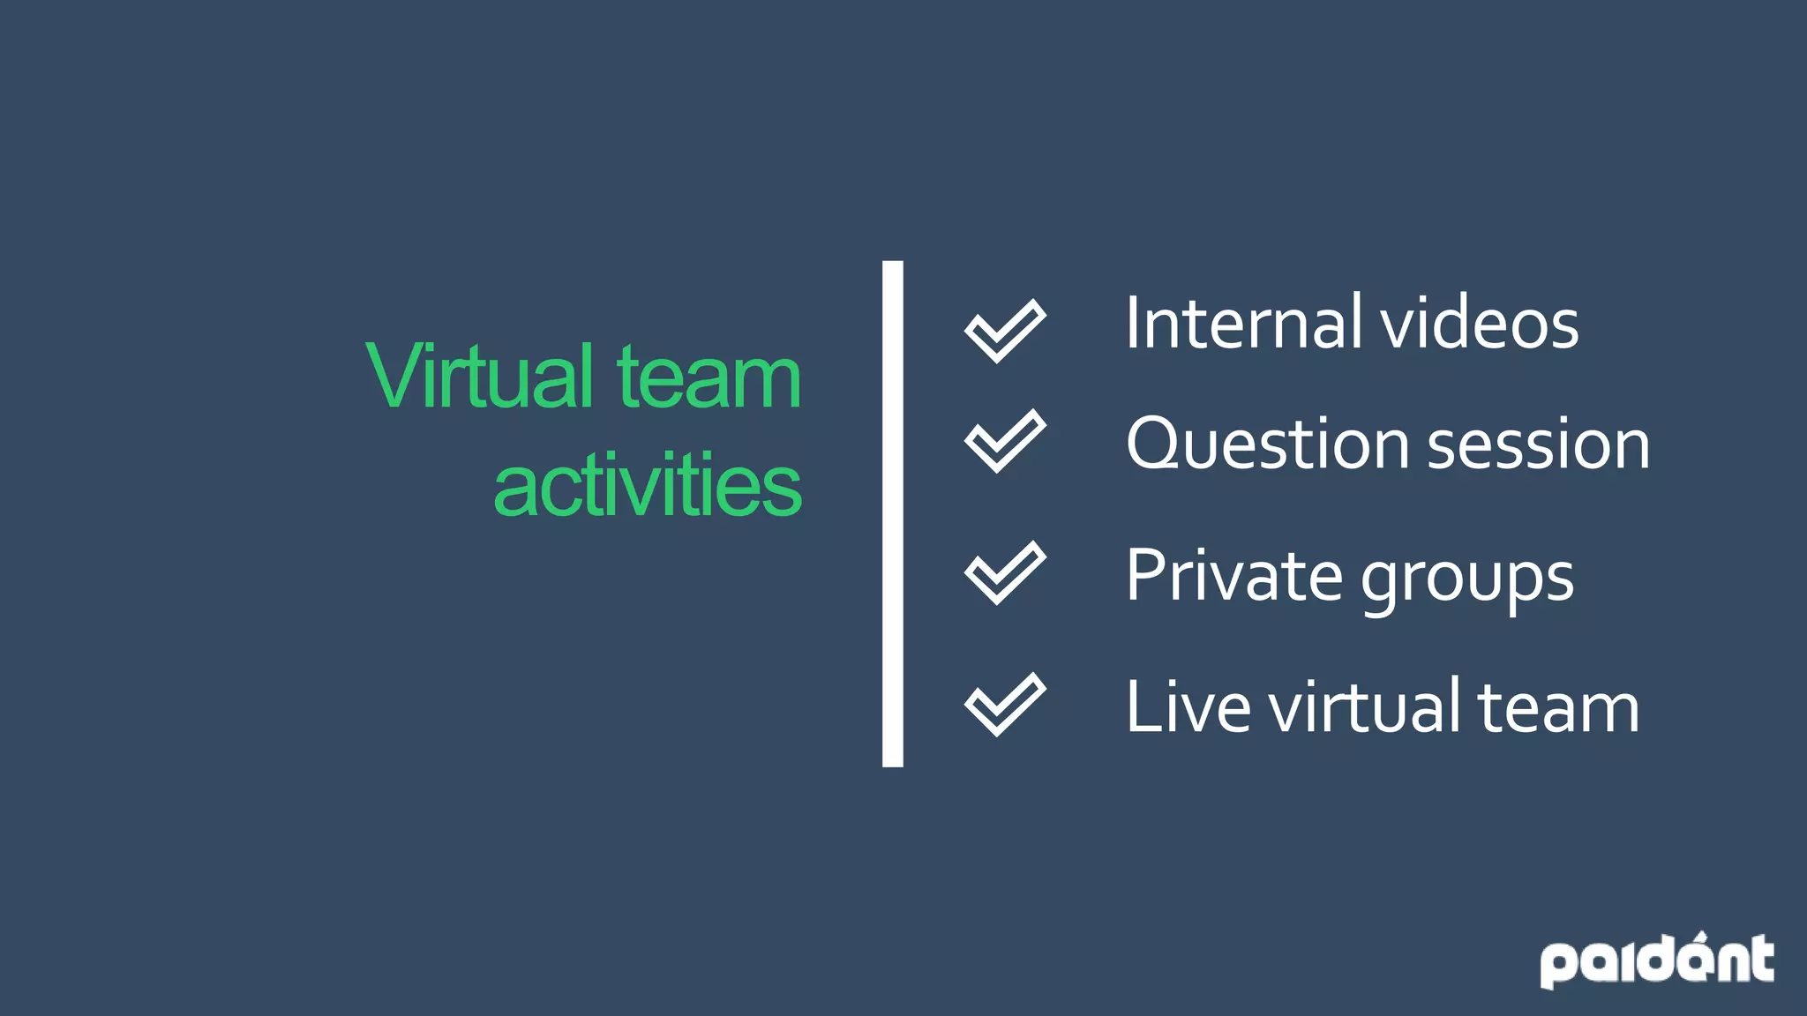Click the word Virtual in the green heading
point(479,377)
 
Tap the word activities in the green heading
point(647,486)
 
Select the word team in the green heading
point(709,377)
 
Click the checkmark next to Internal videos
point(1004,331)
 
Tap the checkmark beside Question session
point(1004,441)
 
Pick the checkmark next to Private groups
point(1004,572)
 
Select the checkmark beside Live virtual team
point(1004,704)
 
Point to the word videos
point(1480,325)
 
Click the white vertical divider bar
point(892,513)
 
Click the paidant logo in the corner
point(1656,960)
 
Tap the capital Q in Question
point(1155,443)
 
